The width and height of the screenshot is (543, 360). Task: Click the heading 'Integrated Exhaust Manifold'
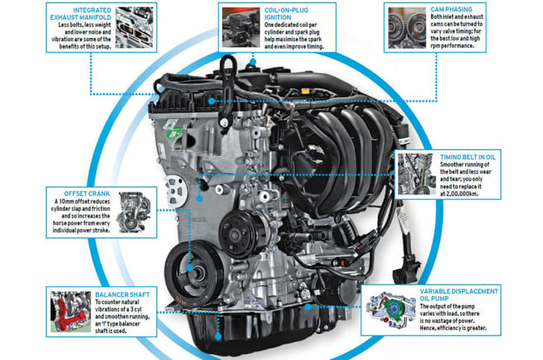[81, 14]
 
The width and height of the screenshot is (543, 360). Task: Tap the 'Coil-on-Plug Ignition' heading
[286, 14]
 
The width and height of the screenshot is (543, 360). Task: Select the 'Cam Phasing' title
[451, 10]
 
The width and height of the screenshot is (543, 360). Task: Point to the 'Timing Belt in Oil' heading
[468, 157]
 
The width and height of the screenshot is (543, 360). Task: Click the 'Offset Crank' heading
[87, 194]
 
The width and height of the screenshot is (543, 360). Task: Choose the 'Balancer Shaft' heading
[122, 295]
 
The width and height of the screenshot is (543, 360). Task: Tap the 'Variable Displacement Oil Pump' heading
[459, 295]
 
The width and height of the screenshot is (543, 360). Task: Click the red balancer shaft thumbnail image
[71, 312]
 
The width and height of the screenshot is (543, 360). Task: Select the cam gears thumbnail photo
[407, 28]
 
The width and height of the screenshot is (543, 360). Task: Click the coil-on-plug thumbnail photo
[241, 28]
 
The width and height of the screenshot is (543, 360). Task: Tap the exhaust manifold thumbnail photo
[134, 28]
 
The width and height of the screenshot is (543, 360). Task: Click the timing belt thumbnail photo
[417, 174]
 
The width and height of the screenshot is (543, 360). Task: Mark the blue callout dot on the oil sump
[218, 336]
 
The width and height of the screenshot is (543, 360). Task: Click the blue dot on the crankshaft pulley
[189, 268]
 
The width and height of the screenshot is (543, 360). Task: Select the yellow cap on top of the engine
[305, 92]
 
